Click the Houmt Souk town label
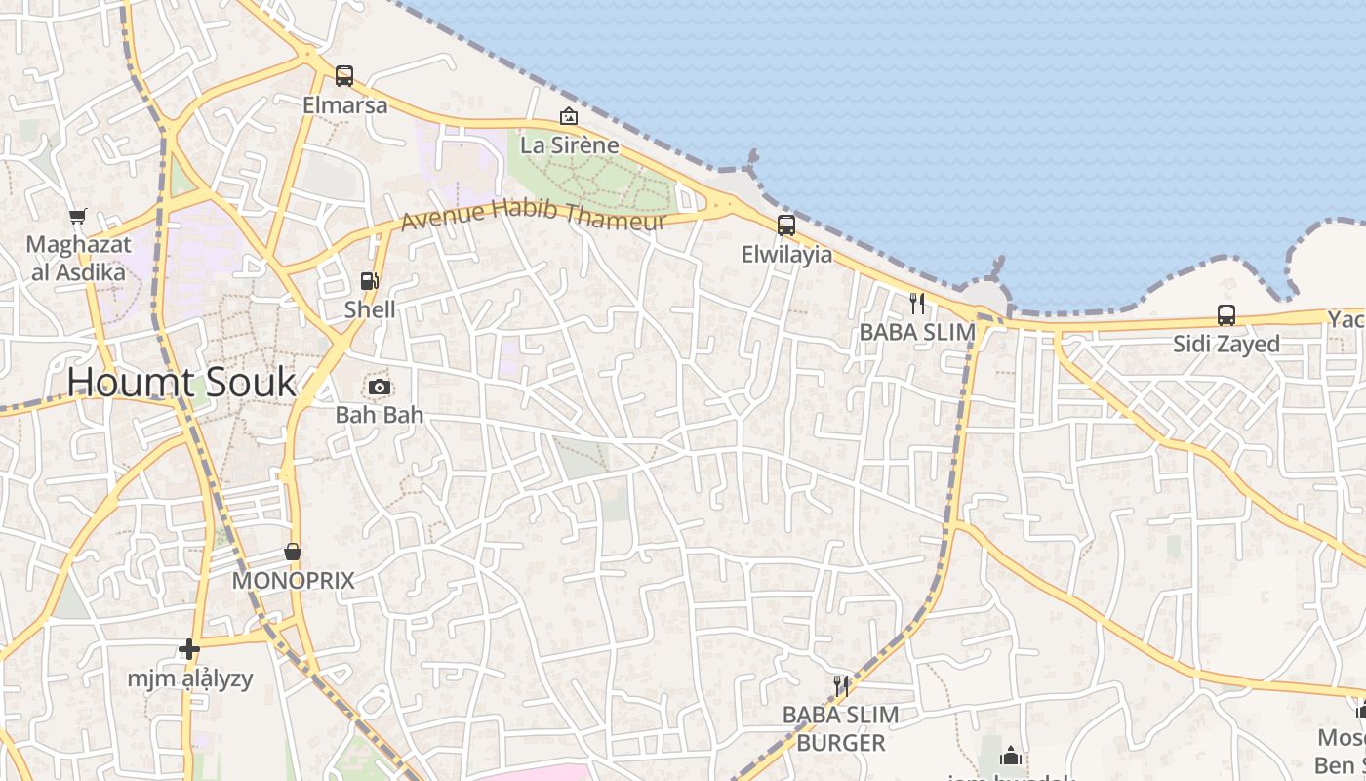pos(181,382)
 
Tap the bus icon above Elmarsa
pos(344,75)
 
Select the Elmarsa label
pos(345,104)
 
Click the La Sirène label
pos(570,145)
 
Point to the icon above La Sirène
pos(569,116)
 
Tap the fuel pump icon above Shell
pos(370,281)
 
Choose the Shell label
pos(371,309)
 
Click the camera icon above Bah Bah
pos(380,387)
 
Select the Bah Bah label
pos(380,415)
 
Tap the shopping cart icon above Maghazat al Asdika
pos(78,216)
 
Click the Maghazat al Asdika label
pos(78,259)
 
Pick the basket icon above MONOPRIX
pos(293,552)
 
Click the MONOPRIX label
pos(293,581)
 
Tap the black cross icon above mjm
pos(189,649)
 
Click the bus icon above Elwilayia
pos(786,226)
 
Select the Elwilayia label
pos(787,255)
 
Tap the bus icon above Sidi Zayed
pos(1226,315)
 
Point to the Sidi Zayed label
pos(1226,344)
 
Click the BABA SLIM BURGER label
pos(841,728)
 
